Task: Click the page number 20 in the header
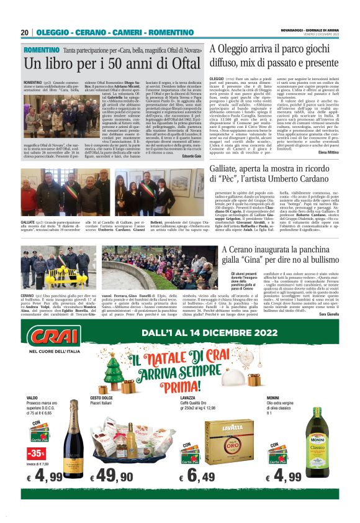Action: [x=25, y=32]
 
